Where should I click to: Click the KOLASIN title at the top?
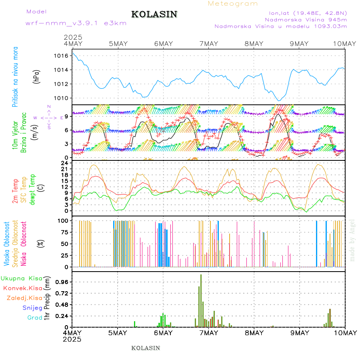154,14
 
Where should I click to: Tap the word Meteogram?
233,4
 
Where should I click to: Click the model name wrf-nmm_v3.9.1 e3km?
76,23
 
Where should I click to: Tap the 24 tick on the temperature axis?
64,163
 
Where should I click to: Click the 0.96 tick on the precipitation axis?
61,282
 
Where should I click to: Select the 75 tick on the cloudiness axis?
63,232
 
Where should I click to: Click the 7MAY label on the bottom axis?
208,333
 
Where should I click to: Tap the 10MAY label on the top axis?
344,44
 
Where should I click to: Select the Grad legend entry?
34,318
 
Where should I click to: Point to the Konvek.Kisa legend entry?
22,288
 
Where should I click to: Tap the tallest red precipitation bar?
201,300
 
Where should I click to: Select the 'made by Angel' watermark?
352,240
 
